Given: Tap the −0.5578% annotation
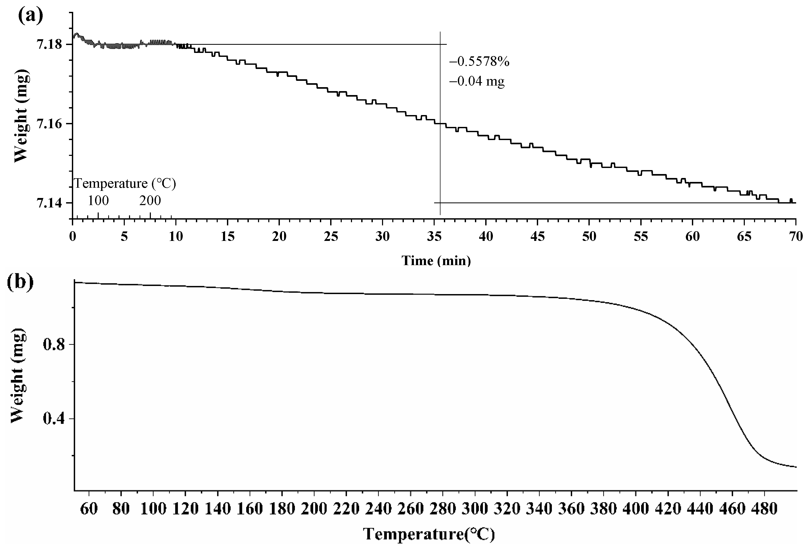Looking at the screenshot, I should click(479, 62).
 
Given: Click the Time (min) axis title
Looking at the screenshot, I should click(436, 261).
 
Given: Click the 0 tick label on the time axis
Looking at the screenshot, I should click(73, 237).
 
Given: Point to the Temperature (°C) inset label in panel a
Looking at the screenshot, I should click(125, 184).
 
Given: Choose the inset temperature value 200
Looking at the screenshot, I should click(150, 201).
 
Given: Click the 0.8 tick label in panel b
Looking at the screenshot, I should click(54, 345).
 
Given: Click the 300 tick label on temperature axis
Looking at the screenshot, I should click(475, 509).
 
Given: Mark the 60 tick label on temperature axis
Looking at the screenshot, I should click(89, 509).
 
